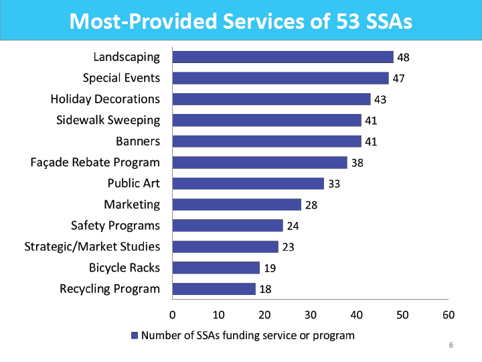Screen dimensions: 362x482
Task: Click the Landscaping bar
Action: coord(283,57)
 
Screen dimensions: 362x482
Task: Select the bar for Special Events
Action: coord(280,78)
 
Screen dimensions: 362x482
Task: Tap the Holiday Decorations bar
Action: coord(271,99)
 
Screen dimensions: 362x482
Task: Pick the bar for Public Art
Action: coord(248,184)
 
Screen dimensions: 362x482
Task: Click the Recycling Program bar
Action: coord(214,289)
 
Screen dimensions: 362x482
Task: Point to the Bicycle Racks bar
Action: coord(216,268)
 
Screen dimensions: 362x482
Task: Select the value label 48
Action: coord(403,58)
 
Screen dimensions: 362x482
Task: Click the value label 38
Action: coord(357,163)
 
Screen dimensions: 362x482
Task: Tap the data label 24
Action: coord(293,226)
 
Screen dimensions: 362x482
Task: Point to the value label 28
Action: coord(311,205)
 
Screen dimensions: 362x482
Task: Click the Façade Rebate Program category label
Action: coord(95,162)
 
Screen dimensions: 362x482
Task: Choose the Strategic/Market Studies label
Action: coord(92,247)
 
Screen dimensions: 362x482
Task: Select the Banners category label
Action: coord(138,141)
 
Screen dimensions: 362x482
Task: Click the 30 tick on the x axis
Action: coord(310,314)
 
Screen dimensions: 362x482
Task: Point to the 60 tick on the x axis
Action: coord(449,314)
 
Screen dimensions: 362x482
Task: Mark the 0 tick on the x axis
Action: coord(172,314)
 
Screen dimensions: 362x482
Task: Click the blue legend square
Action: coord(135,335)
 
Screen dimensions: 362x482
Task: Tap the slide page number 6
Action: coord(451,346)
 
